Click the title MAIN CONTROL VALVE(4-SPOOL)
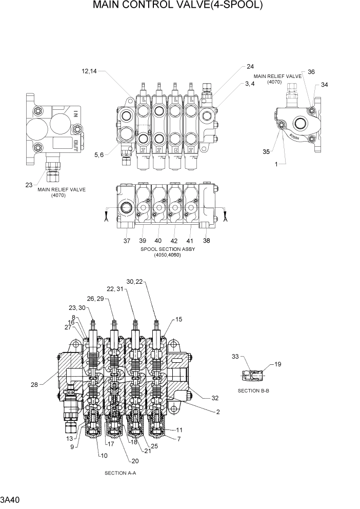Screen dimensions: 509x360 tap(178, 6)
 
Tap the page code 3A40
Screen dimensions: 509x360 tap(11, 499)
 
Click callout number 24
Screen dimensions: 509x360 tap(250, 67)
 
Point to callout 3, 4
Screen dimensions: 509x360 tap(250, 84)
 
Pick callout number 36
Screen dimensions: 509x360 tap(311, 72)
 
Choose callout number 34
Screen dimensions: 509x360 tap(324, 85)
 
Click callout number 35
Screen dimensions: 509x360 tap(266, 152)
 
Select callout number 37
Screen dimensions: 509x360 tap(127, 241)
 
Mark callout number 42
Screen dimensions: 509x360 tap(174, 241)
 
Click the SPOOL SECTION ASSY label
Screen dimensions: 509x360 tap(168, 249)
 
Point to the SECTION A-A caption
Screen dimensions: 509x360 tap(120, 473)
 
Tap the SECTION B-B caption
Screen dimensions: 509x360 tap(254, 390)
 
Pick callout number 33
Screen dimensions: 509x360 tap(235, 356)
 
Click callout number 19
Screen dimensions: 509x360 tap(277, 365)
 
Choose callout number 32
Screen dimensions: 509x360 tap(214, 398)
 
